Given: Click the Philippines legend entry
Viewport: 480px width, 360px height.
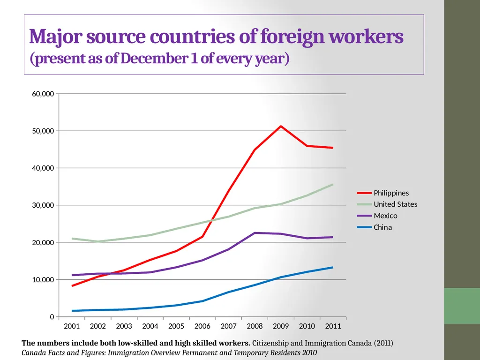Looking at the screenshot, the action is [x=382, y=193].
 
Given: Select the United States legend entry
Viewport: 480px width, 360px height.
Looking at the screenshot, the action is [x=387, y=204].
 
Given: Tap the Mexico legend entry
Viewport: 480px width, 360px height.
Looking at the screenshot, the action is [x=377, y=216].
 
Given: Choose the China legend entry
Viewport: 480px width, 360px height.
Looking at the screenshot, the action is [x=375, y=227].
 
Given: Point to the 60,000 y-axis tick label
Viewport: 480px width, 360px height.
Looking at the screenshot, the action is [x=43, y=94].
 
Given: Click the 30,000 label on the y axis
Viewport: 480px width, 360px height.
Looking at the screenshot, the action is [x=43, y=205].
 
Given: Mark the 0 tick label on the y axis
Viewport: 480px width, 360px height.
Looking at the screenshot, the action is [x=52, y=317].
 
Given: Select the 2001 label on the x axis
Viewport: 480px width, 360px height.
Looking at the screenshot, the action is [x=72, y=326].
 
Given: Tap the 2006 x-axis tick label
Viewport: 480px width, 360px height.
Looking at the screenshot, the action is [x=202, y=326].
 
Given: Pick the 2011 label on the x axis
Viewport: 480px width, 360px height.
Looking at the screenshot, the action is [x=333, y=326].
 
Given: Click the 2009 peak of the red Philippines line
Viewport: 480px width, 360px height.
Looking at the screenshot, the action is [x=281, y=126].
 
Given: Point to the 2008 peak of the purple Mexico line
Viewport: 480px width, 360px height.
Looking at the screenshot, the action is [x=255, y=233].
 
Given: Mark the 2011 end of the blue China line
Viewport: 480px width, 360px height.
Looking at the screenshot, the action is [x=333, y=268].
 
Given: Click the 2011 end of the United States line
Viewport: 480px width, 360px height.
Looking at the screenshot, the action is [x=333, y=185].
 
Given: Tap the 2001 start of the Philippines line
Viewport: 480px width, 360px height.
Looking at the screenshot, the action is [x=72, y=285].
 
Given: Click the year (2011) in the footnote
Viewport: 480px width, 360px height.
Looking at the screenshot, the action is [x=383, y=343].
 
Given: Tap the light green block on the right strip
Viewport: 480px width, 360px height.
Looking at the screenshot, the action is [x=462, y=306].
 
